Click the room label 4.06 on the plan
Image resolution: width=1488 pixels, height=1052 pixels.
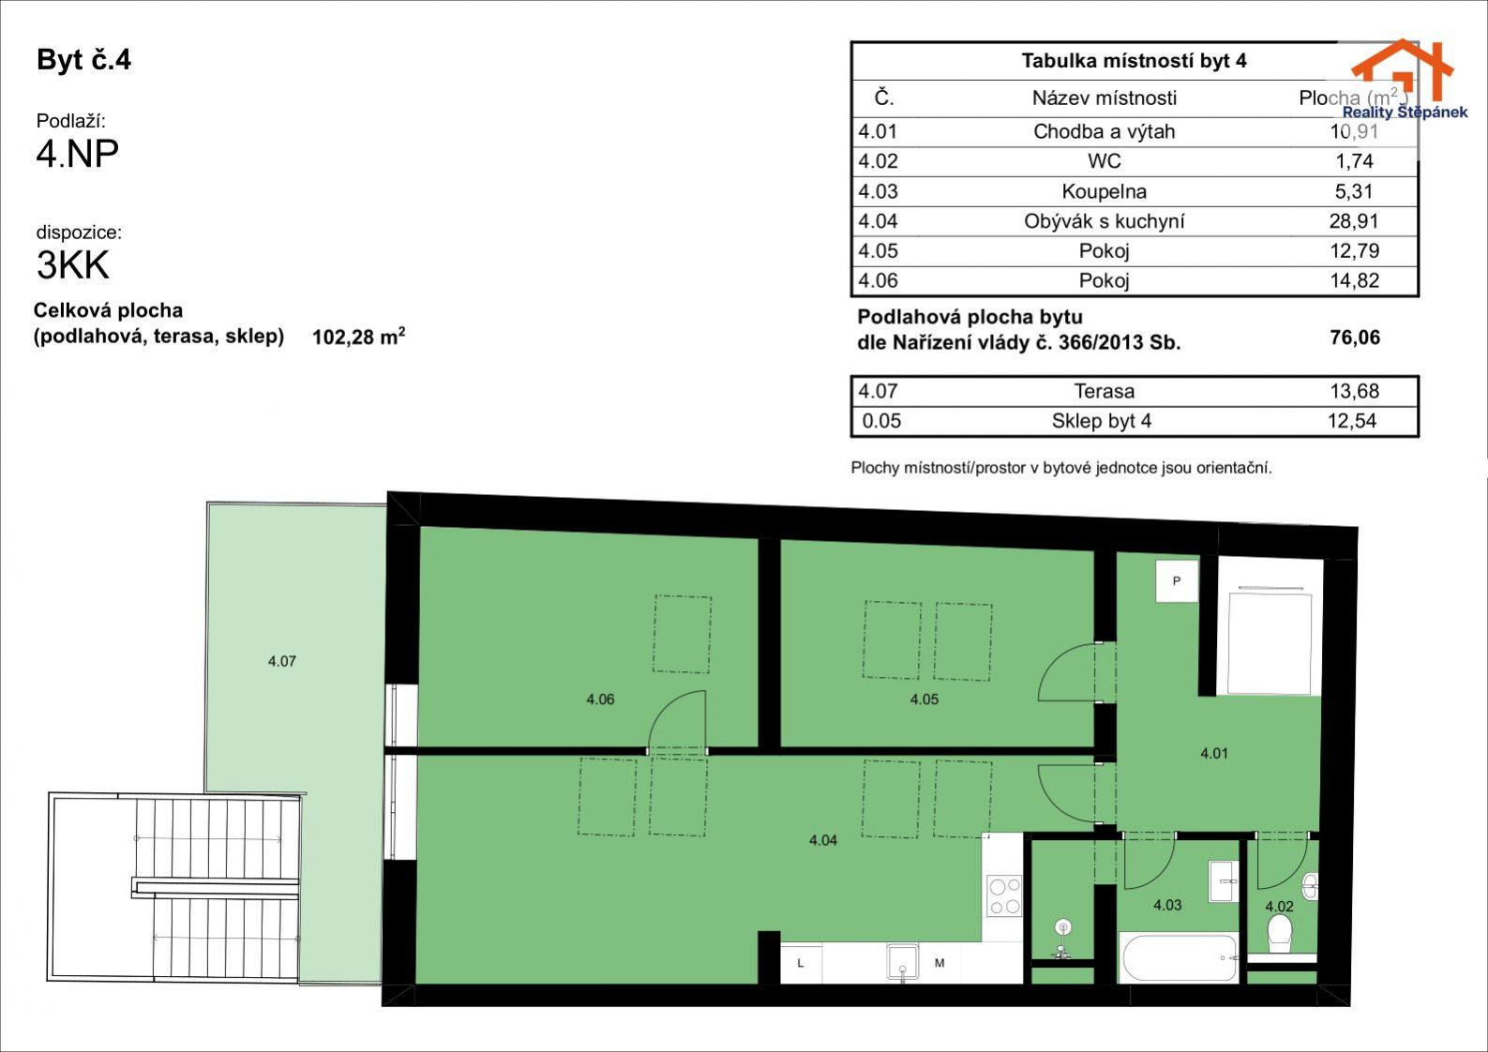pyautogui.click(x=600, y=699)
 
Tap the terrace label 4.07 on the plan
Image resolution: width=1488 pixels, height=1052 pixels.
pyautogui.click(x=281, y=661)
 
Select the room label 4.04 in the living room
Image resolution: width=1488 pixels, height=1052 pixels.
pyautogui.click(x=823, y=840)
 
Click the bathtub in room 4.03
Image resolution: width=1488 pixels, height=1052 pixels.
pyautogui.click(x=1180, y=958)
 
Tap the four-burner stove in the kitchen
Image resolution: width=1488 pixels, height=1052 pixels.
pyautogui.click(x=1004, y=896)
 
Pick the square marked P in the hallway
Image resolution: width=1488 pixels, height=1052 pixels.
pyautogui.click(x=1177, y=581)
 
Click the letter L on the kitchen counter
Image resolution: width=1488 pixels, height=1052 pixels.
pyautogui.click(x=801, y=963)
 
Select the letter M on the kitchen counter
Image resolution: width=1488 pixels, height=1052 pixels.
pyautogui.click(x=939, y=963)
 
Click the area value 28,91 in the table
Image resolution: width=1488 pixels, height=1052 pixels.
pyautogui.click(x=1354, y=221)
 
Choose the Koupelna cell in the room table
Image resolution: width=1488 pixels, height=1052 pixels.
pyautogui.click(x=1104, y=191)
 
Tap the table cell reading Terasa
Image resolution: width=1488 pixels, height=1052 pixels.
pyautogui.click(x=1104, y=391)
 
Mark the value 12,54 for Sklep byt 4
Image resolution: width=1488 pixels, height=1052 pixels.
pyautogui.click(x=1352, y=421)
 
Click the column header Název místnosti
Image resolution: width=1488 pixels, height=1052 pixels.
pyautogui.click(x=1104, y=98)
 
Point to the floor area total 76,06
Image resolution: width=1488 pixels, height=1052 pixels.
pyautogui.click(x=1355, y=338)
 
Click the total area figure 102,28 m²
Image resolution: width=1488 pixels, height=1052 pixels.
pyautogui.click(x=359, y=336)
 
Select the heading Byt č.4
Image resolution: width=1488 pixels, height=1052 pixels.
pyautogui.click(x=83, y=60)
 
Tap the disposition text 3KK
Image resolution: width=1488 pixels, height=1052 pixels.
pyautogui.click(x=73, y=264)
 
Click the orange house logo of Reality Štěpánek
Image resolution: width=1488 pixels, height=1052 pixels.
pyautogui.click(x=1403, y=69)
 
